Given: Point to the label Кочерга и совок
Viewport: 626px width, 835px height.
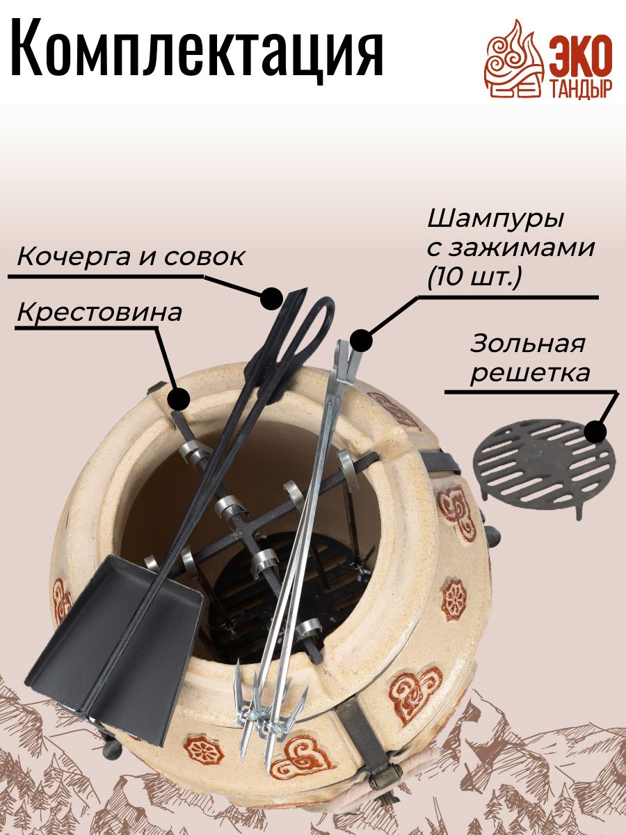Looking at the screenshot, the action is click(131, 257).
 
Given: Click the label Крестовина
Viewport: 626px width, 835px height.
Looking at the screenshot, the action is click(99, 312).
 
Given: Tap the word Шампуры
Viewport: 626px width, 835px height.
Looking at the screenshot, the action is click(495, 219).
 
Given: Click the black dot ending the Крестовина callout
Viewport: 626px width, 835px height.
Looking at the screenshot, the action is click(179, 399).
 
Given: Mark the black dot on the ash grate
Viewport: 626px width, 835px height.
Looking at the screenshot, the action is click(595, 432).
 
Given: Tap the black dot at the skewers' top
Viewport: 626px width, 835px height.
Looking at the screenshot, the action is click(361, 341).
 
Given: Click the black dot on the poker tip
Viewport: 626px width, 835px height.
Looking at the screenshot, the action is click(270, 299).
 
